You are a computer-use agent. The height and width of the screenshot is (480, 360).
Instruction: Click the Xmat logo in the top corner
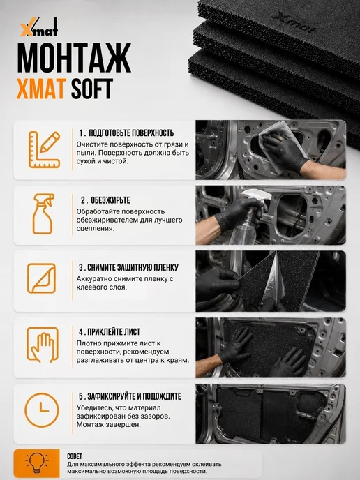tap(39, 27)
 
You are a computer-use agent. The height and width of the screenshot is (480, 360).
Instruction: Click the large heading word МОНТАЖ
tap(74, 58)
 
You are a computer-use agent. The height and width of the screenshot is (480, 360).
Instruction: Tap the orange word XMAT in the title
tap(40, 89)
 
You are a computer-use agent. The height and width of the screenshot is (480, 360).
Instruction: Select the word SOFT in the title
tap(92, 89)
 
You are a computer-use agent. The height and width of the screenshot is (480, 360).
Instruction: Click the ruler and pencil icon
tap(45, 150)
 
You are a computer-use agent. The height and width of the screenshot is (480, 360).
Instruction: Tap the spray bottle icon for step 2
tap(43, 214)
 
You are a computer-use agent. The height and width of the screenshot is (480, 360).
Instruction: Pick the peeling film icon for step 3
tap(42, 278)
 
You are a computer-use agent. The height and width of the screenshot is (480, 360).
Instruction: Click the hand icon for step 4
tap(43, 345)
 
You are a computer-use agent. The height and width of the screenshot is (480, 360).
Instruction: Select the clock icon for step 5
tap(41, 410)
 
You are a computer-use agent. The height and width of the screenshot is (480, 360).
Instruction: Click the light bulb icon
tap(37, 463)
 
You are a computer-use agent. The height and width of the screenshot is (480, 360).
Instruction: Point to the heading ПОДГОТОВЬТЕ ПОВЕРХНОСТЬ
tap(131, 133)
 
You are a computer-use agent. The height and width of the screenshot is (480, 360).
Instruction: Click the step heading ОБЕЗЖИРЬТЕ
tap(110, 200)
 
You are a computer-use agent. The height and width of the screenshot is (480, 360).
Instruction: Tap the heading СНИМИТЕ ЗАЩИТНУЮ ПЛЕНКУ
tap(133, 267)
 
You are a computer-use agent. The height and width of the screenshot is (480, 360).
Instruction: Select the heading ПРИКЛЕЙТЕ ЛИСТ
tap(114, 332)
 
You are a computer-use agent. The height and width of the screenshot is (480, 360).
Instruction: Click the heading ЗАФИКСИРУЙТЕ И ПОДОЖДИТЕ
tap(135, 396)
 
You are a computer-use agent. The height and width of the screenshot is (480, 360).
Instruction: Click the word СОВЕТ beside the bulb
tap(75, 456)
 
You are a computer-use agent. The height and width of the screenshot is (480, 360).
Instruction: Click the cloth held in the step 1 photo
tap(280, 144)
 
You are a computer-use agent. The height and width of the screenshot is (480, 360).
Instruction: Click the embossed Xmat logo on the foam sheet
tap(292, 22)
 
